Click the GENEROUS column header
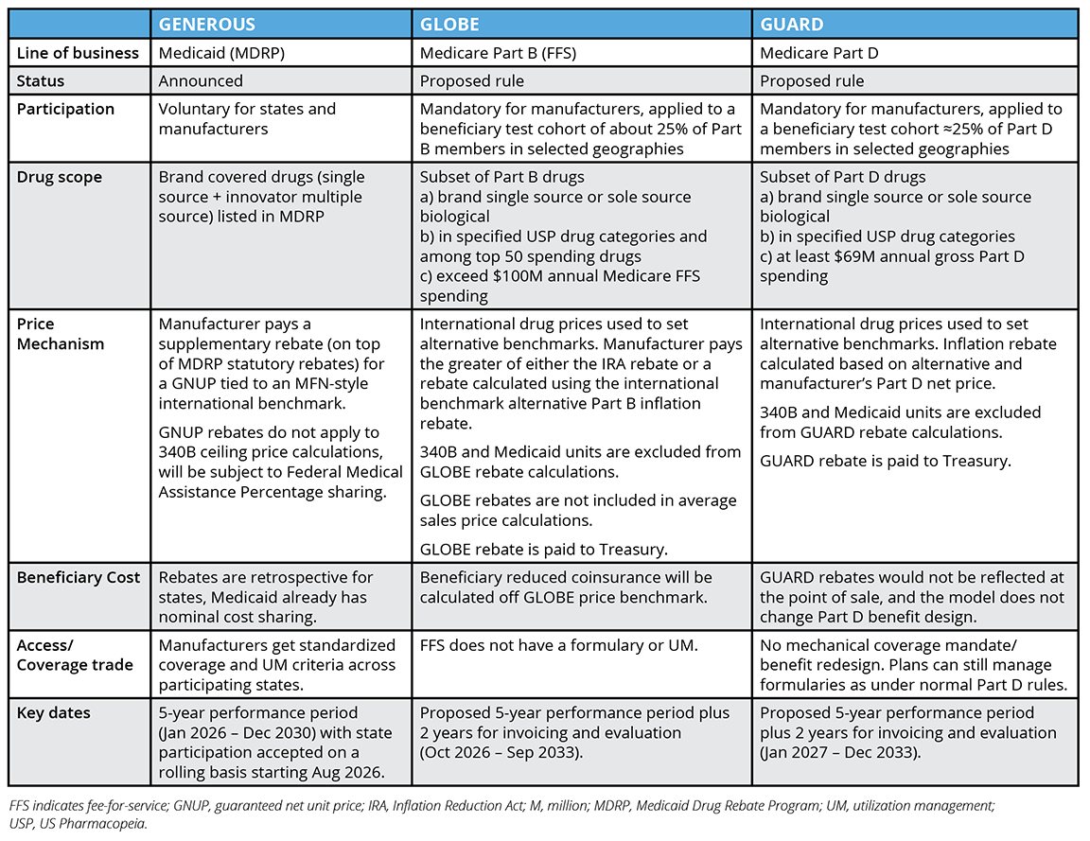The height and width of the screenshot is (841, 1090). tap(207, 24)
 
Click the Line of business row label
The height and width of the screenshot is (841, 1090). tap(78, 53)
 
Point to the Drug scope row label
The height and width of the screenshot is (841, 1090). tap(59, 177)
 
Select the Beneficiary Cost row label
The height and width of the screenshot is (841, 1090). tap(78, 577)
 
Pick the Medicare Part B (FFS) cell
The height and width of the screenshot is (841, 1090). tap(499, 53)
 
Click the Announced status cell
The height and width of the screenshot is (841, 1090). tap(201, 81)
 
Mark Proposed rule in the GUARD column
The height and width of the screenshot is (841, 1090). tap(812, 81)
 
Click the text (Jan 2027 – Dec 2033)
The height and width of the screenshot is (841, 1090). tap(841, 753)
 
